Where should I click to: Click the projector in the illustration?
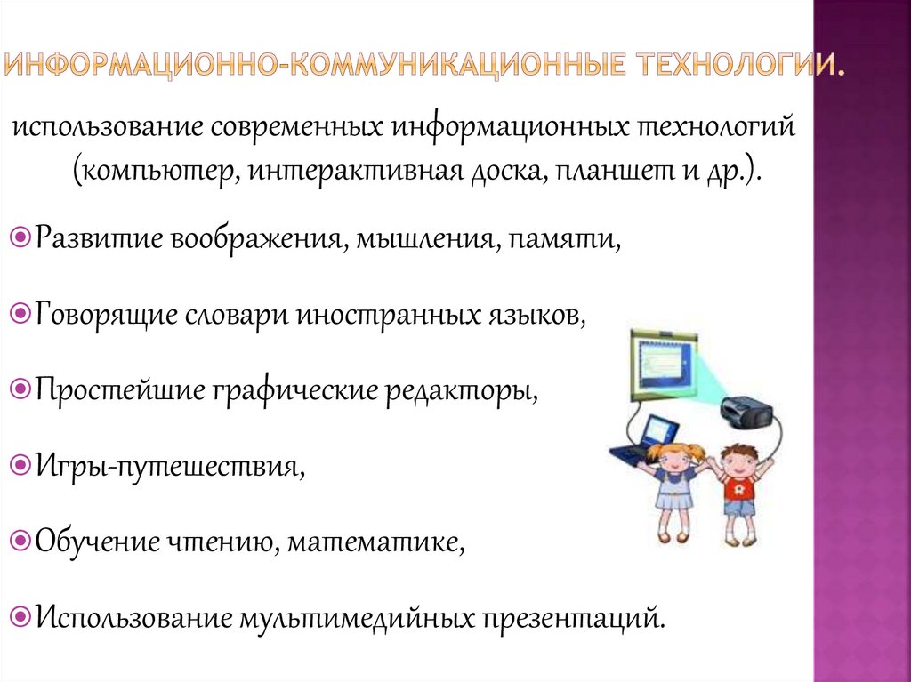(748, 410)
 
